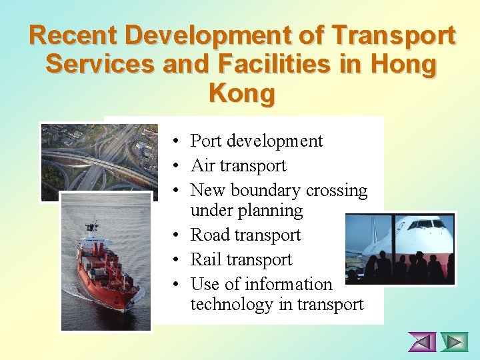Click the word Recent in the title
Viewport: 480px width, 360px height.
(73, 35)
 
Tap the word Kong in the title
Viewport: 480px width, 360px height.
(241, 93)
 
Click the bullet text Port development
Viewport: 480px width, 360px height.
(256, 141)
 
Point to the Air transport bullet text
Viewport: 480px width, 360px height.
(238, 166)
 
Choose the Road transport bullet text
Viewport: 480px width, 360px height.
(245, 235)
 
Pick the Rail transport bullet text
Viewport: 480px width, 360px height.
(241, 260)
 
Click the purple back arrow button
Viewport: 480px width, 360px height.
(422, 342)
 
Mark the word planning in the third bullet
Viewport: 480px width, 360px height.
(272, 211)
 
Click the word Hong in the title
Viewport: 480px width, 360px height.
(404, 65)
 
